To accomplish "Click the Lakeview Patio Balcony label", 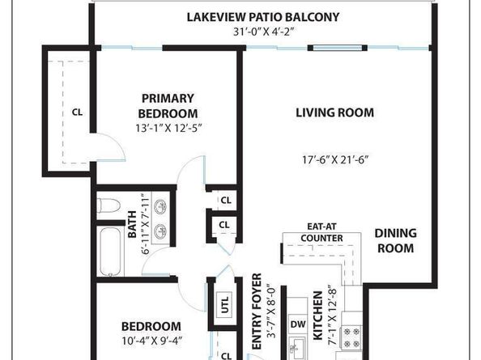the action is pyautogui.click(x=263, y=17).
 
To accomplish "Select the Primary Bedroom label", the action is pyautogui.click(x=168, y=106).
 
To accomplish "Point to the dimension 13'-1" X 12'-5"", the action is pyautogui.click(x=168, y=128).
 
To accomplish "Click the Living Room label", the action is pyautogui.click(x=334, y=112).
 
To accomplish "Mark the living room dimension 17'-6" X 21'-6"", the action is pyautogui.click(x=335, y=159).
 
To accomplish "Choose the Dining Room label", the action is pyautogui.click(x=395, y=241).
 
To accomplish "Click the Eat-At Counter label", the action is pyautogui.click(x=321, y=232).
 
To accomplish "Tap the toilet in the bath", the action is pyautogui.click(x=108, y=205).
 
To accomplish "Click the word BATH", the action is pyautogui.click(x=132, y=224).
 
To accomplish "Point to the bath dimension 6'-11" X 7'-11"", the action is pyautogui.click(x=145, y=223).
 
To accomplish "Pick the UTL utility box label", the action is pyautogui.click(x=225, y=304).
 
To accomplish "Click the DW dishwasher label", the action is pyautogui.click(x=298, y=324).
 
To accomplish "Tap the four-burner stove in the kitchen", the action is pyautogui.click(x=351, y=337).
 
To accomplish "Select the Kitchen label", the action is pyautogui.click(x=317, y=316).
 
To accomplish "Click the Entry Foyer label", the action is pyautogui.click(x=257, y=311).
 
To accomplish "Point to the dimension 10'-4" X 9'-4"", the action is pyautogui.click(x=152, y=341).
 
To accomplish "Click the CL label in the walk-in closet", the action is pyautogui.click(x=77, y=112).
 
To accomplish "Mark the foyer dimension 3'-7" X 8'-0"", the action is pyautogui.click(x=271, y=312).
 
